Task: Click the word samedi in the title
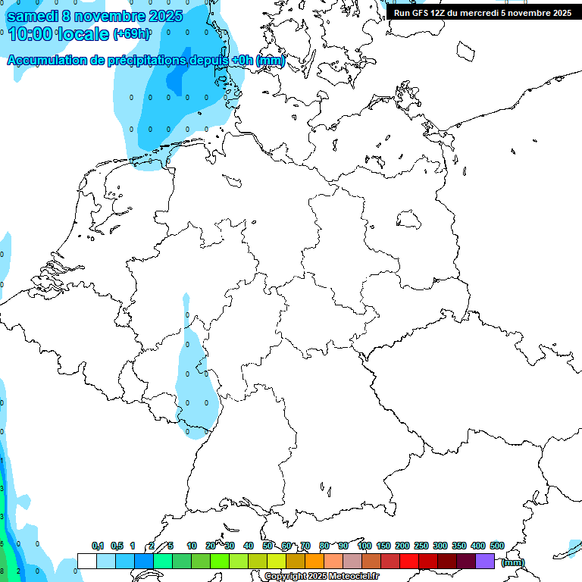click(x=33, y=15)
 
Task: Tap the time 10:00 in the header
click(x=30, y=34)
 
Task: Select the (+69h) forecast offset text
click(x=131, y=34)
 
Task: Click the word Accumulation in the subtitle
click(x=46, y=60)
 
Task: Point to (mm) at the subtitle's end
click(x=270, y=60)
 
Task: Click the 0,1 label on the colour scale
click(x=98, y=546)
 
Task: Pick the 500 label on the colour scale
click(x=497, y=546)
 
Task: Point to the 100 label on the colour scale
click(x=365, y=546)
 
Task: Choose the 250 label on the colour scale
click(x=421, y=546)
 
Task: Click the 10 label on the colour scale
click(x=192, y=546)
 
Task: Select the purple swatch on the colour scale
click(x=485, y=561)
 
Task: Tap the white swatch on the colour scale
click(x=87, y=561)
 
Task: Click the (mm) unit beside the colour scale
click(x=513, y=562)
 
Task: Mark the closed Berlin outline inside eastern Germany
click(x=409, y=219)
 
